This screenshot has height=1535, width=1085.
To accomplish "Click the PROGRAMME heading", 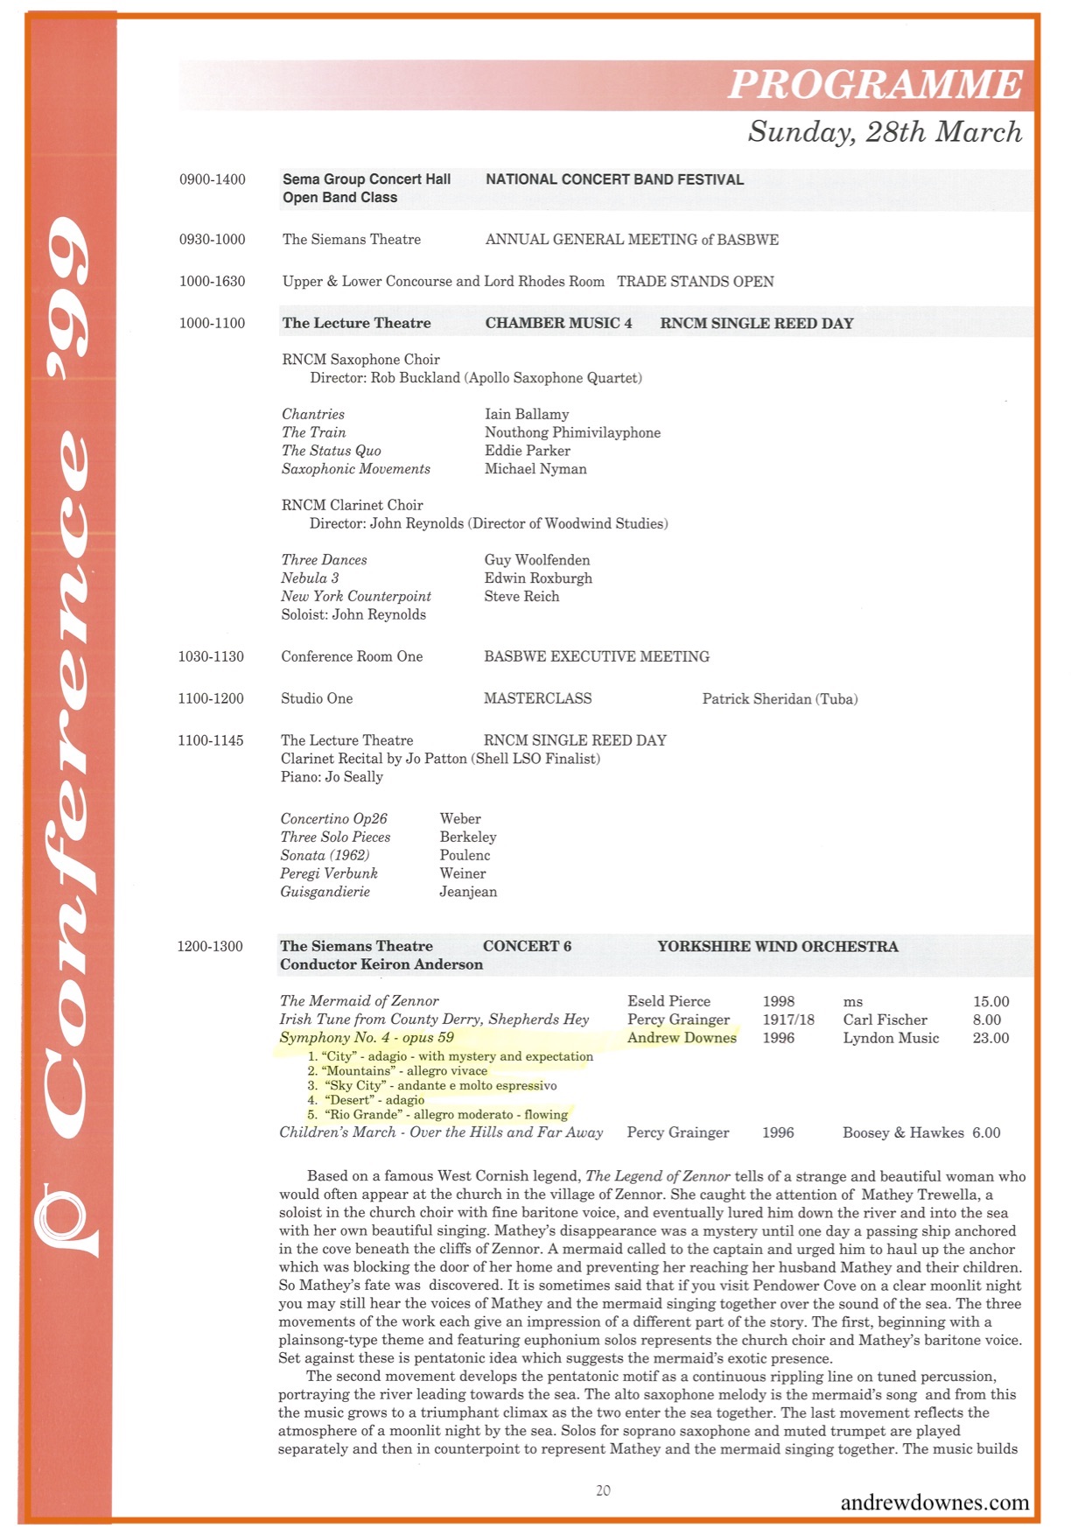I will point(875,84).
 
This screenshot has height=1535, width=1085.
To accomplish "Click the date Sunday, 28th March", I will point(885,131).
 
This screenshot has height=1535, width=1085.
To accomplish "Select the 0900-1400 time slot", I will point(213,179).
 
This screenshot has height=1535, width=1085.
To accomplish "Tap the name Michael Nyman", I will point(535,469).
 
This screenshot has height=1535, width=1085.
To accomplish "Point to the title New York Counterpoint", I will point(356,596).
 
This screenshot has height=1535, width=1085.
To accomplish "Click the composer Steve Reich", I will point(521,596).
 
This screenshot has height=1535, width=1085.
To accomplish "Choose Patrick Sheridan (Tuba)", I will point(780,698).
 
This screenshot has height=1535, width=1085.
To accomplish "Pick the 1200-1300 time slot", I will point(210,946).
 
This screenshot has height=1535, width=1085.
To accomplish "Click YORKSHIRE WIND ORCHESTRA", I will point(778,946).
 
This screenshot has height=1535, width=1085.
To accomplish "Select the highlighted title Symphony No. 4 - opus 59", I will point(367,1037).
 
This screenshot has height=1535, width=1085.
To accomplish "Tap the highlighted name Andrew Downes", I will point(682,1037).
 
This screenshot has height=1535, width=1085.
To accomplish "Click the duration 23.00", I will point(990,1038).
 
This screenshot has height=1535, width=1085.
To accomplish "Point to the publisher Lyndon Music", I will point(891,1038).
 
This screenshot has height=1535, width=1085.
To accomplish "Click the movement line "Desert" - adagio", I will point(374,1100).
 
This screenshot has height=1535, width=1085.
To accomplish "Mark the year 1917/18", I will point(788,1020).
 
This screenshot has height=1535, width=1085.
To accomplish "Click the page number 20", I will point(603,1490).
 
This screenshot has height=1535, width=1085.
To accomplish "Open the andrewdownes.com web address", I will point(934,1503).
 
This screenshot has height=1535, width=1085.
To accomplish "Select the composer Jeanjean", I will point(468,892).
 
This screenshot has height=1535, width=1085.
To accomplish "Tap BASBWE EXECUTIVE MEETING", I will point(597,656).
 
